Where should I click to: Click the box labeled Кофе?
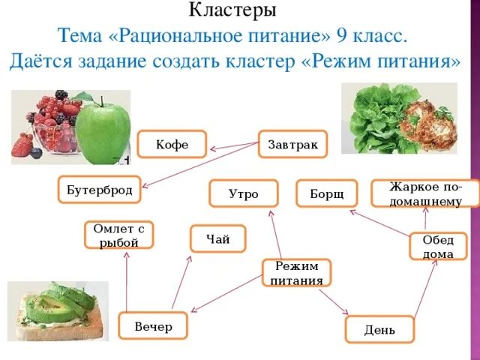(x=172, y=144)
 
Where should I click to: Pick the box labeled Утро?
(x=243, y=194)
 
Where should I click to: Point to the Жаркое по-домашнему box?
(x=425, y=193)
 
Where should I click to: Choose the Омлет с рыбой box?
(x=118, y=235)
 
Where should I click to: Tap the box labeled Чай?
(x=217, y=238)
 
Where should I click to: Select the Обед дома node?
(x=438, y=247)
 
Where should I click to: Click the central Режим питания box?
(x=297, y=273)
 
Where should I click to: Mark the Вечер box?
(x=153, y=327)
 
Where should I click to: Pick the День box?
(x=379, y=330)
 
